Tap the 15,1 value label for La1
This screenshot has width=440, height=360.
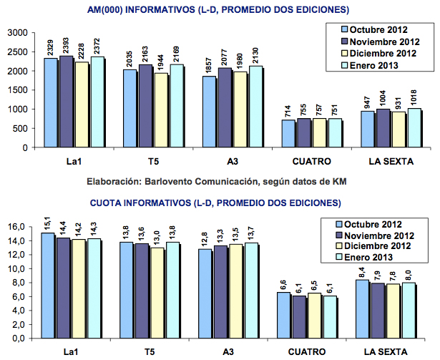pyautogui.click(x=47, y=221)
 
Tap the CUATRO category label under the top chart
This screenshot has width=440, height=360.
pyautogui.click(x=309, y=160)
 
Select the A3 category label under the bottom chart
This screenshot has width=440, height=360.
pyautogui.click(x=228, y=351)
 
